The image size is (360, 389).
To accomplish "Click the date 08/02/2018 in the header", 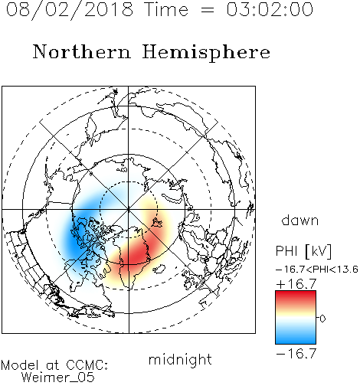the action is (x=70, y=10).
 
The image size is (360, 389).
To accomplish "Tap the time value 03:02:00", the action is (x=270, y=9).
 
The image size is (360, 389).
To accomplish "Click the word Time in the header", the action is (x=166, y=9).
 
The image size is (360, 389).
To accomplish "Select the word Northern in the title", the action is (x=82, y=51).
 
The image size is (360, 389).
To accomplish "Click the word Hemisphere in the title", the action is (x=206, y=53).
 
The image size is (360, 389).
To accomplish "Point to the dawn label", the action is (x=300, y=220).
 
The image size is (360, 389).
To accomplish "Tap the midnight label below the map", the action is (x=180, y=360).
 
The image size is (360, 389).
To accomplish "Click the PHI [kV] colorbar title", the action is (x=303, y=251).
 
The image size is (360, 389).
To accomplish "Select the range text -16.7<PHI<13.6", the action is (x=317, y=270).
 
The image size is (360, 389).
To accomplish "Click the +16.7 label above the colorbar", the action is (x=296, y=284).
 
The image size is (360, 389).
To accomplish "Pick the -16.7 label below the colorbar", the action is (x=296, y=354).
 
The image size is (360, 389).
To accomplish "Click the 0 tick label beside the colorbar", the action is (x=322, y=319).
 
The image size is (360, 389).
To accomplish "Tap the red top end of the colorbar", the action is (x=296, y=293).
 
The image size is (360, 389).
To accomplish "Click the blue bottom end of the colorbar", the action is (x=296, y=342).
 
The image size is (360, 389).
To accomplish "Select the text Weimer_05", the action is (x=58, y=378).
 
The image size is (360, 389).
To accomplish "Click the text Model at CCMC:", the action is (x=54, y=365).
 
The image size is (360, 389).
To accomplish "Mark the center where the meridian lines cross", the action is (x=129, y=209).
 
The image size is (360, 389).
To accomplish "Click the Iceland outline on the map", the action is (x=159, y=269).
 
